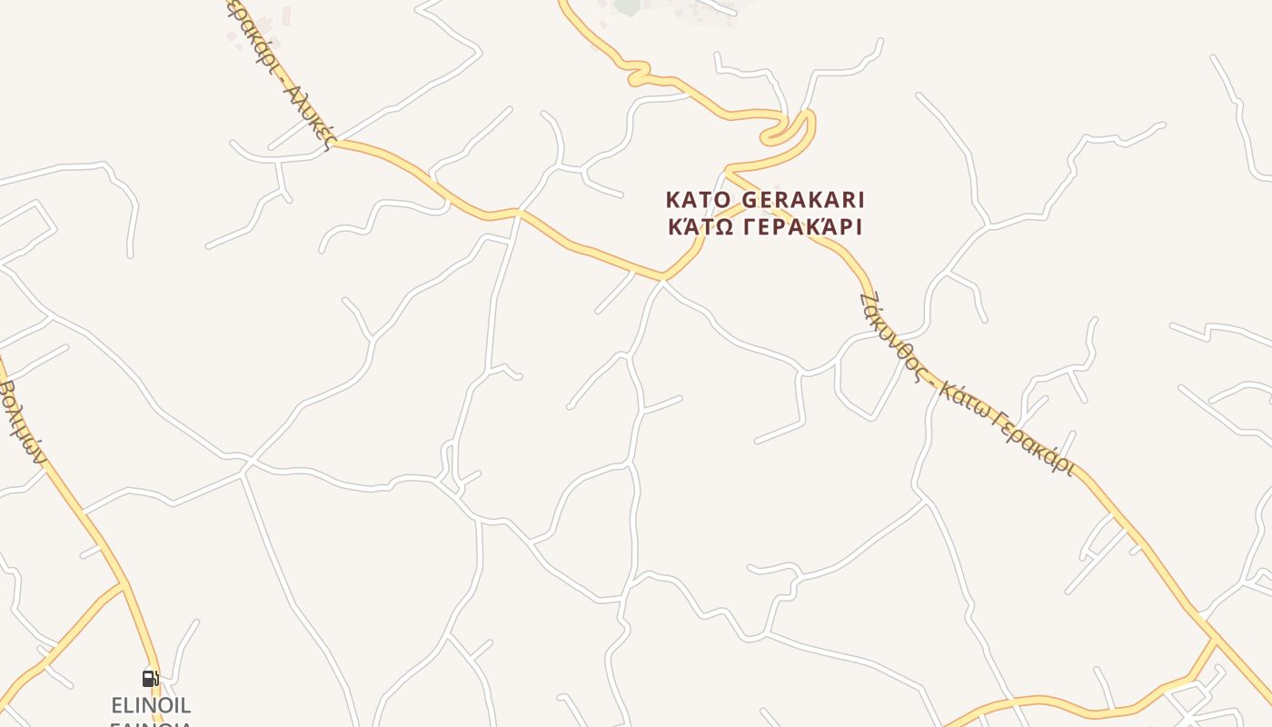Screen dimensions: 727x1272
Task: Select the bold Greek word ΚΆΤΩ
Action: pos(701,226)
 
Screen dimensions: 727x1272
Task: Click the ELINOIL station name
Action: pos(151,705)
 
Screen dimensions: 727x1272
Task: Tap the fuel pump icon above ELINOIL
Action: pos(150,678)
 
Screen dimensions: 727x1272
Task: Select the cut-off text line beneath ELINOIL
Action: pos(151,723)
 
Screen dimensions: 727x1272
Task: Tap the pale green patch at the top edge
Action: pos(627,6)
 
